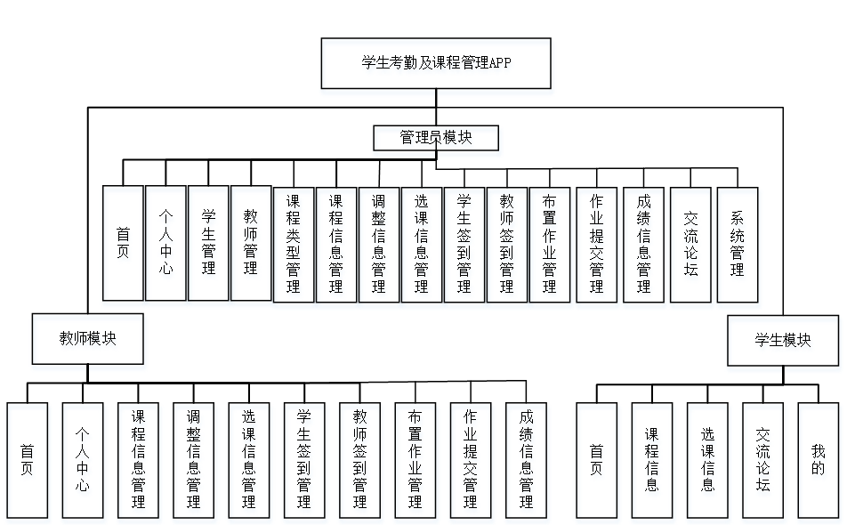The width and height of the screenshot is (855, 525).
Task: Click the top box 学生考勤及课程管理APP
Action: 436,62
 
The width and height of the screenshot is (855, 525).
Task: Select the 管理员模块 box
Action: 435,138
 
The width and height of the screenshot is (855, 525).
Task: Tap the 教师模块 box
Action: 88,339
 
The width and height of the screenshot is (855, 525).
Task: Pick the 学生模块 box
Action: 783,340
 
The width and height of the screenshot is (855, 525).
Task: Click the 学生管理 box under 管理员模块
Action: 208,243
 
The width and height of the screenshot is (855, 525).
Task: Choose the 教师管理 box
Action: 251,243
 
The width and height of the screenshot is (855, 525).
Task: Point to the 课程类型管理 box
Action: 294,245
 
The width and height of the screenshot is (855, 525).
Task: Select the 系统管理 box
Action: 738,244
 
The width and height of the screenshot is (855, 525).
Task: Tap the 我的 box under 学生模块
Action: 819,460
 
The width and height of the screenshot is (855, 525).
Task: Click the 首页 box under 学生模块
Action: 597,460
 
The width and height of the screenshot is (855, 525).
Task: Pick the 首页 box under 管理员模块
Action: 123,243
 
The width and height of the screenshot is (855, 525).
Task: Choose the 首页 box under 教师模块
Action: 27,460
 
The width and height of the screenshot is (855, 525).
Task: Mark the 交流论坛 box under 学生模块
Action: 763,460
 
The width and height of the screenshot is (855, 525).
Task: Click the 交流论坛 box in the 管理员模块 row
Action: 691,244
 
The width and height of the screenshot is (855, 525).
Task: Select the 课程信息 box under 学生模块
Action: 652,460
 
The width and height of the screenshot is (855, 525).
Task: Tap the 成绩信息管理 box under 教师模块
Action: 526,460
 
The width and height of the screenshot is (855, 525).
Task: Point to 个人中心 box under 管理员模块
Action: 165,243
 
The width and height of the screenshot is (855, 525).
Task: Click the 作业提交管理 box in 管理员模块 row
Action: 596,245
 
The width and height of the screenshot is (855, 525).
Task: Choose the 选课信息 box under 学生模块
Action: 707,460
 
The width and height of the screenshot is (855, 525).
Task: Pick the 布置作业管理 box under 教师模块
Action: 415,460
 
